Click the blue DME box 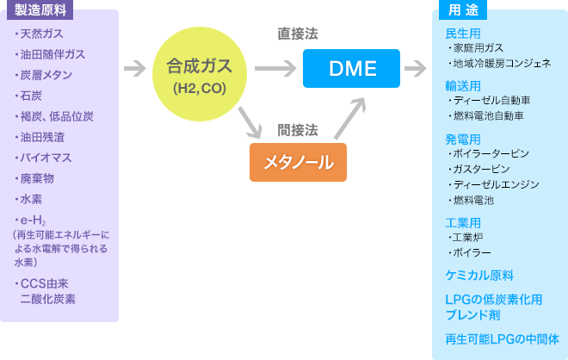click(352, 67)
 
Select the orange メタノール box click(298, 162)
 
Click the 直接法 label click(298, 34)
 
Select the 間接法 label click(298, 129)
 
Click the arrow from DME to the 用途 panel click(416, 68)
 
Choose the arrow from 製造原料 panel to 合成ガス click(135, 68)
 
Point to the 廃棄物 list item click(40, 178)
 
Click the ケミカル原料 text click(479, 276)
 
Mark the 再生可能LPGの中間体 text click(502, 338)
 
